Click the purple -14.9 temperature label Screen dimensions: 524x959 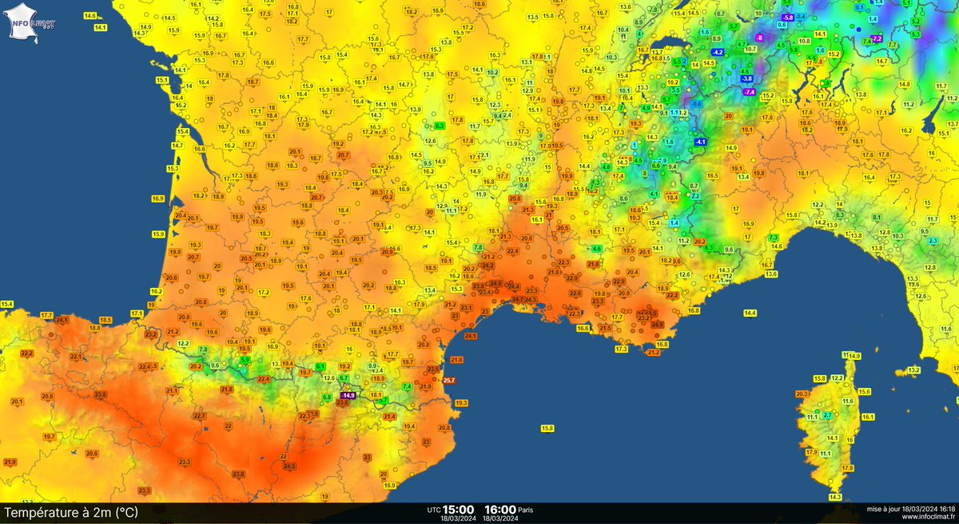pyautogui.click(x=348, y=395)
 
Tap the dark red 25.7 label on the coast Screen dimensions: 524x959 pyautogui.click(x=449, y=381)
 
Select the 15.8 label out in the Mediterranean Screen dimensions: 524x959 pyautogui.click(x=547, y=429)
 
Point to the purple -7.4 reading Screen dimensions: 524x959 pyautogui.click(x=749, y=93)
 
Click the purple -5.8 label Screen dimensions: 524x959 pyautogui.click(x=788, y=18)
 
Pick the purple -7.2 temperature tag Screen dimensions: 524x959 pyautogui.click(x=876, y=39)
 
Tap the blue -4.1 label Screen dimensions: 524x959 pyautogui.click(x=701, y=142)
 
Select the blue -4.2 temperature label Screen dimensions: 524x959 pyautogui.click(x=718, y=52)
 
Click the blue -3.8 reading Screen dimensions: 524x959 pyautogui.click(x=747, y=78)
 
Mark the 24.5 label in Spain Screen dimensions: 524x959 pyautogui.click(x=289, y=466)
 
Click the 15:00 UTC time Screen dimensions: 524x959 pyautogui.click(x=459, y=509)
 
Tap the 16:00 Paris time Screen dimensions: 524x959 pyautogui.click(x=499, y=509)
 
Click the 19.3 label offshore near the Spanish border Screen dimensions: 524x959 pyautogui.click(x=461, y=403)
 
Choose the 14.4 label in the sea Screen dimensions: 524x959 pyautogui.click(x=750, y=314)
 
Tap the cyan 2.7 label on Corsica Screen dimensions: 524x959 pyautogui.click(x=828, y=415)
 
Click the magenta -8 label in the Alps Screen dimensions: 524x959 pyautogui.click(x=759, y=38)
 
